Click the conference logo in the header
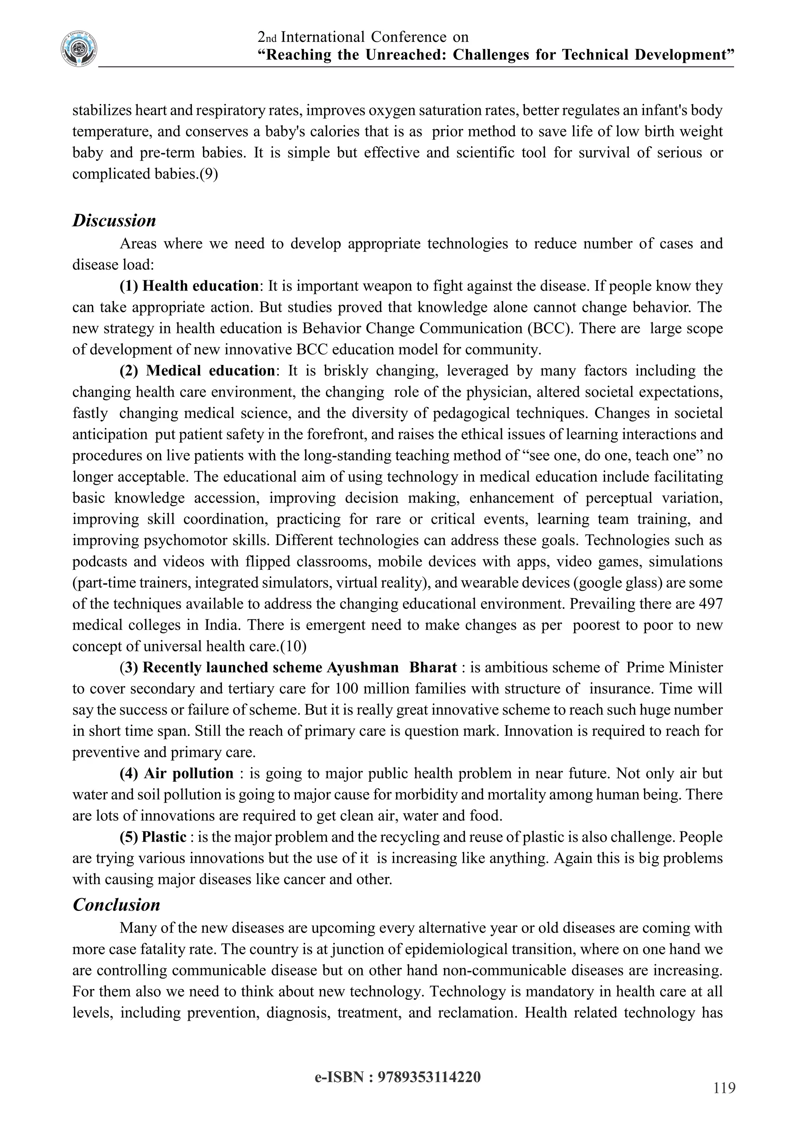pyautogui.click(x=78, y=49)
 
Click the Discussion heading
pyautogui.click(x=114, y=221)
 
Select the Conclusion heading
pyautogui.click(x=116, y=905)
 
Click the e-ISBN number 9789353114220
pyautogui.click(x=429, y=1077)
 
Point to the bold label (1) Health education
pyautogui.click(x=189, y=286)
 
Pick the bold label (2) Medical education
pyautogui.click(x=197, y=371)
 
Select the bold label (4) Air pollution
pyautogui.click(x=177, y=774)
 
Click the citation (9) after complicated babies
pyautogui.click(x=208, y=174)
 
